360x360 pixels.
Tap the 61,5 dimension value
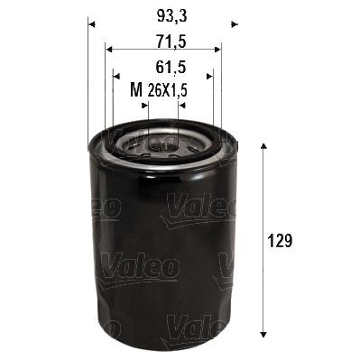pyautogui.click(x=162, y=65)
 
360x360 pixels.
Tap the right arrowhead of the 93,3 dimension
pyautogui.click(x=233, y=22)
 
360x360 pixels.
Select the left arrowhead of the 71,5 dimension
pyautogui.click(x=108, y=51)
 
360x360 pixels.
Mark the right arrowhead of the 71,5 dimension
pyautogui.click(x=217, y=51)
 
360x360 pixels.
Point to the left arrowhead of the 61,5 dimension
pyautogui.click(x=115, y=76)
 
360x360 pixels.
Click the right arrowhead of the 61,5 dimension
pyautogui.click(x=209, y=76)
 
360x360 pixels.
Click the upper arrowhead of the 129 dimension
pyautogui.click(x=263, y=146)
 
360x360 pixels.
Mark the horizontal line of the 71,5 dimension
pyautogui.click(x=162, y=51)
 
